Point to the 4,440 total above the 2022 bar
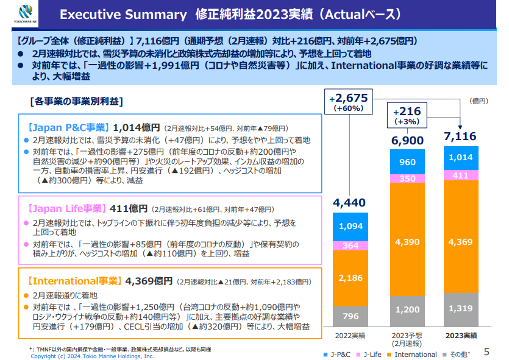(x=350, y=203)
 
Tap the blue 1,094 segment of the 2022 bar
(x=350, y=227)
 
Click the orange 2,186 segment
(x=350, y=278)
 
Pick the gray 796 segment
(x=350, y=316)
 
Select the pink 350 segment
(x=407, y=179)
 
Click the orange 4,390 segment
(x=407, y=242)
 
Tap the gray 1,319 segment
(x=460, y=309)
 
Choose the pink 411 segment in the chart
(x=460, y=175)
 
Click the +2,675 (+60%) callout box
(x=347, y=102)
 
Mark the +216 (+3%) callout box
(x=407, y=116)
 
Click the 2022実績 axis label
(x=350, y=336)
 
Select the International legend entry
(x=411, y=354)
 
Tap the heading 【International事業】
(x=74, y=281)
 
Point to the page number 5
(x=486, y=351)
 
